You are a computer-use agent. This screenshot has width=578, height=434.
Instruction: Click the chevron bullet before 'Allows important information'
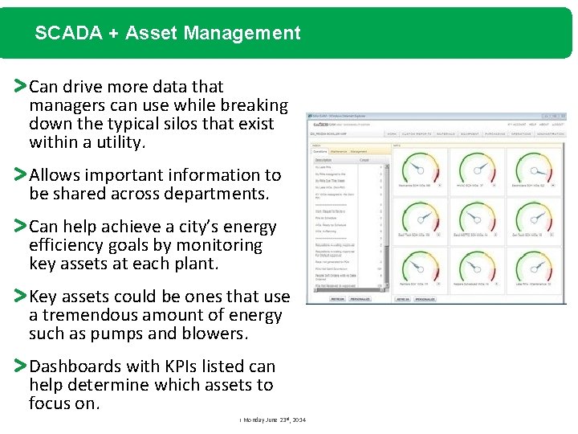click(x=21, y=174)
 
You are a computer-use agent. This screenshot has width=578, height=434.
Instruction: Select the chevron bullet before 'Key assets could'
click(x=21, y=297)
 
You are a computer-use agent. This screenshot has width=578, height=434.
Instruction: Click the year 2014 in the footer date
click(x=298, y=420)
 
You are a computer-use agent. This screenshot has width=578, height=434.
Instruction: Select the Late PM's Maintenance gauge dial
click(x=535, y=268)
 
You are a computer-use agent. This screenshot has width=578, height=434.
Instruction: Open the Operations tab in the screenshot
click(x=320, y=150)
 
